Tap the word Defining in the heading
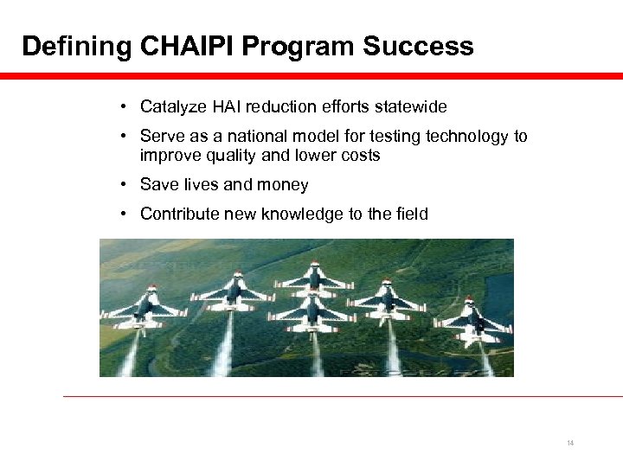[75, 46]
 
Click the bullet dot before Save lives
[125, 184]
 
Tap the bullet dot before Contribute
[125, 214]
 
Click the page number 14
[570, 443]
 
